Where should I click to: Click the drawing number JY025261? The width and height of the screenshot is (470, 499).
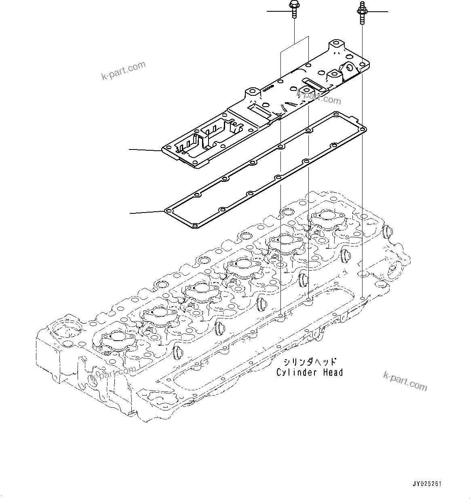pyautogui.click(x=427, y=484)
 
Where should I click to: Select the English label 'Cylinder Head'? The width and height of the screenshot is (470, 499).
pyautogui.click(x=310, y=373)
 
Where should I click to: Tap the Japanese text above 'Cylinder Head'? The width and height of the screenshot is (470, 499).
pyautogui.click(x=310, y=362)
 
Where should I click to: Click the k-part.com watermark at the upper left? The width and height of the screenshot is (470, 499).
pyautogui.click(x=123, y=71)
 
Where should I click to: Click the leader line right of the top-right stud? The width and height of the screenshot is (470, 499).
pyautogui.click(x=378, y=12)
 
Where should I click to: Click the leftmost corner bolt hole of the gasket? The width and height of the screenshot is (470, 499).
pyautogui.click(x=168, y=211)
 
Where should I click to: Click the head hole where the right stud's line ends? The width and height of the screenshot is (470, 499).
pyautogui.click(x=363, y=298)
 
